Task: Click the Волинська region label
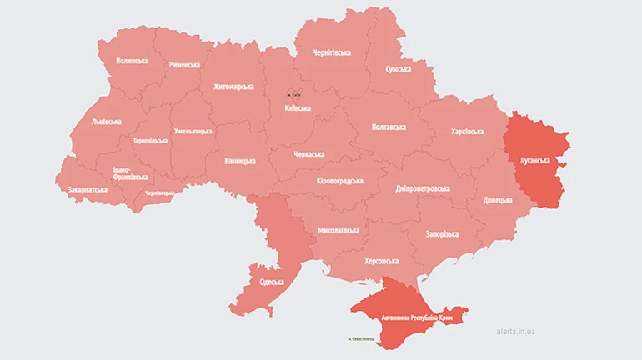pos(133,61)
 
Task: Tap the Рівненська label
pos(183,65)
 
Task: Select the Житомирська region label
pos(233,86)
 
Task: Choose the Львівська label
pos(107,122)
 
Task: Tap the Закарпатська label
pos(86,189)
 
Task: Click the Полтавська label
pos(387,127)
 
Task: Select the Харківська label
pos(467,132)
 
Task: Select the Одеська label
pos(272,282)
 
